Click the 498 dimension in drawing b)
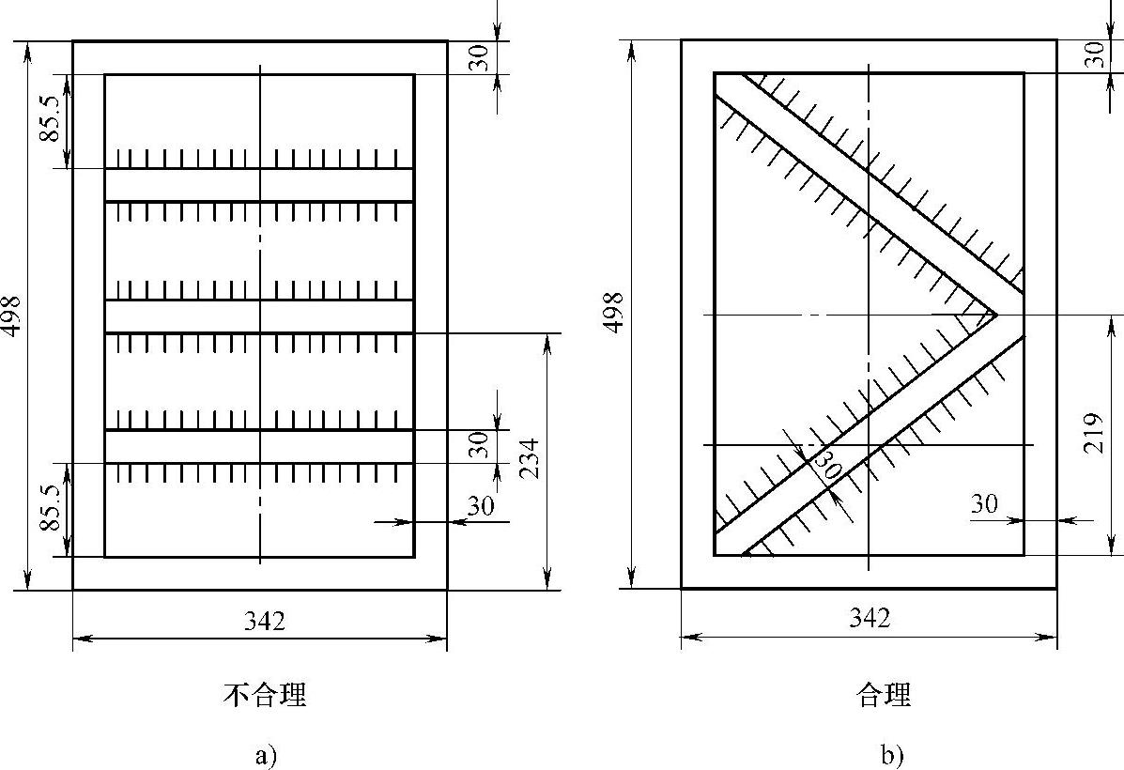coord(613,313)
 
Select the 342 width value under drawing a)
coord(265,621)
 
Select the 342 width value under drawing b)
coord(870,618)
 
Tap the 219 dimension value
coord(1093,433)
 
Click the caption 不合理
coord(265,695)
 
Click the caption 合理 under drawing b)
coord(884,695)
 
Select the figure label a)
coord(265,756)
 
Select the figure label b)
coord(890,756)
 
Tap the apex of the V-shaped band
coord(995,314)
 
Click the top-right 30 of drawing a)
coord(478,58)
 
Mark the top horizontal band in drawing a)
coord(259,184)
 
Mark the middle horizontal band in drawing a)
coord(259,316)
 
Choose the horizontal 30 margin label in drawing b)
coord(984,504)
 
